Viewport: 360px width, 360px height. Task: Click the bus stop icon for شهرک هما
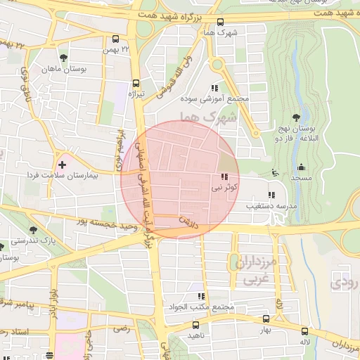click(221, 21)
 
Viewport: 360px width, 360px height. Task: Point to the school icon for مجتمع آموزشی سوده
click(215, 88)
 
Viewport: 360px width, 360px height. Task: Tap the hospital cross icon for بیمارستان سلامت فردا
click(63, 165)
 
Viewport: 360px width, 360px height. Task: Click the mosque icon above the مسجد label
click(301, 167)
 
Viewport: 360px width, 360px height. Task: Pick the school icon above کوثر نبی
click(224, 177)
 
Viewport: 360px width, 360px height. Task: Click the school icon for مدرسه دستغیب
click(271, 195)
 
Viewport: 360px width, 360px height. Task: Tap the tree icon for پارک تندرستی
click(33, 229)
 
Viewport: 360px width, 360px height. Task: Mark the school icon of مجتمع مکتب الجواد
click(201, 297)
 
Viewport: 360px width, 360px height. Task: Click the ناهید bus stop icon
click(195, 325)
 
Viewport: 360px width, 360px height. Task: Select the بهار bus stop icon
click(265, 319)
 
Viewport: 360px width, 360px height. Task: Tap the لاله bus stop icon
click(305, 331)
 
